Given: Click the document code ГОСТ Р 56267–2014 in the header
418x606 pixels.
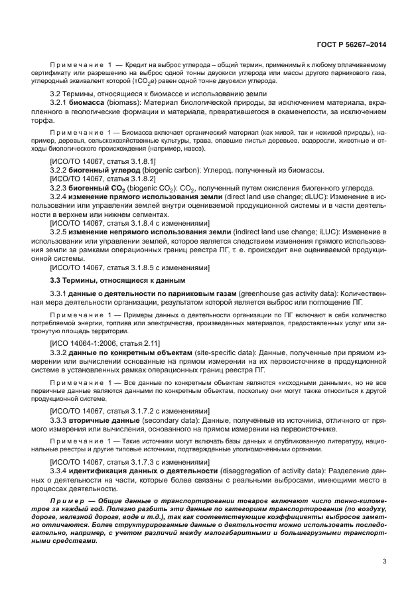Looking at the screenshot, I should [351, 45].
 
